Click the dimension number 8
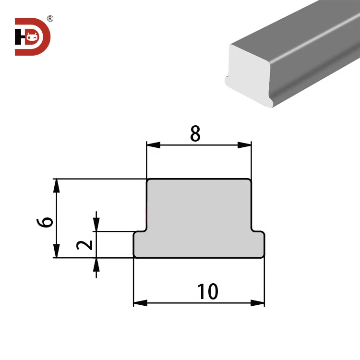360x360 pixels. [195, 134]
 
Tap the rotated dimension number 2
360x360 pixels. [85, 245]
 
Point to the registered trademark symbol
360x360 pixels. [50, 19]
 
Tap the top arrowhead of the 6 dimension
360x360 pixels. [57, 185]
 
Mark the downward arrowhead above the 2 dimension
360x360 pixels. [97, 225]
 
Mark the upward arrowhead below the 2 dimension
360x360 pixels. [97, 264]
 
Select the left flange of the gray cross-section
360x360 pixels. [140, 244]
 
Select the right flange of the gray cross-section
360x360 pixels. [258, 244]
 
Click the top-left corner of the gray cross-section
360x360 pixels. [148, 180]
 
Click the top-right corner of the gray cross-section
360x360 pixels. [250, 180]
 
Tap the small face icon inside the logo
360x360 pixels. [33, 36]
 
